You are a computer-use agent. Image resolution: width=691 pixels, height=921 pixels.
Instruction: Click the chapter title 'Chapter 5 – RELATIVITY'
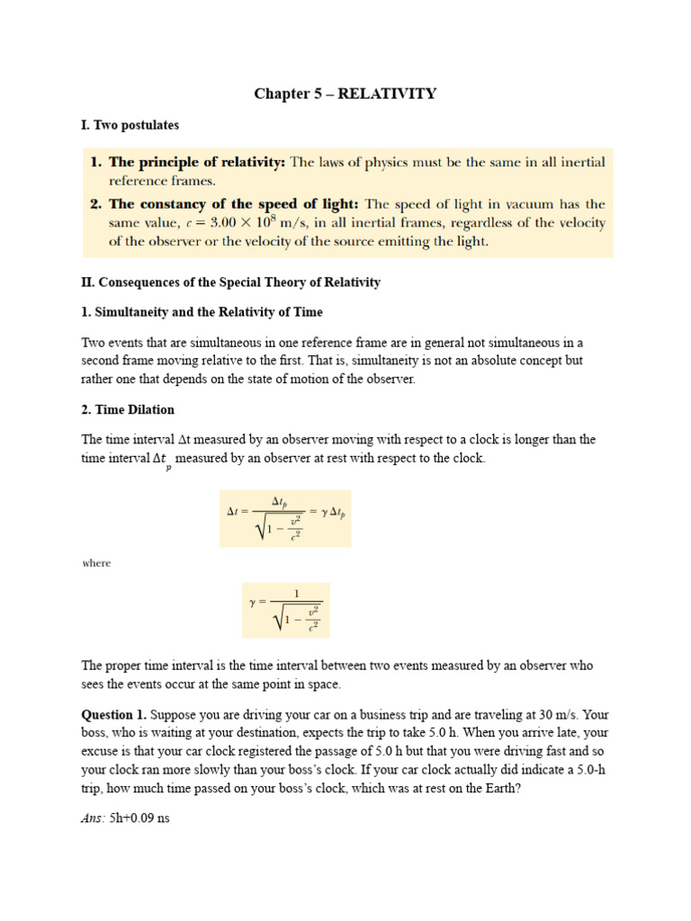(x=345, y=94)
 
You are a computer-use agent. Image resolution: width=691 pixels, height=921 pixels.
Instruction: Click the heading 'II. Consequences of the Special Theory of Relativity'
(x=231, y=282)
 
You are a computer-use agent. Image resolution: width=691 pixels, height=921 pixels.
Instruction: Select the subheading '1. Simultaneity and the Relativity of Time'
(x=202, y=312)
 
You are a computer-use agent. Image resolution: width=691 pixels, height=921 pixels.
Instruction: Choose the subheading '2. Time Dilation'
(x=128, y=409)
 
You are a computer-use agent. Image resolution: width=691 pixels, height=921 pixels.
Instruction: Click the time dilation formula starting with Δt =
(x=285, y=518)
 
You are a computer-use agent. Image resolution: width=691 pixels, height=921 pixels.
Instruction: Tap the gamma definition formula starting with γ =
(x=279, y=610)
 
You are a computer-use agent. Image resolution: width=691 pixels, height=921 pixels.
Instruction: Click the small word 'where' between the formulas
(x=96, y=563)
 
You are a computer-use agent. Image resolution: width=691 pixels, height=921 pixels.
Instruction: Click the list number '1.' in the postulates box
(x=96, y=162)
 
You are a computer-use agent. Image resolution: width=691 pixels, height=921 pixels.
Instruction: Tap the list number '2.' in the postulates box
(x=96, y=204)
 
